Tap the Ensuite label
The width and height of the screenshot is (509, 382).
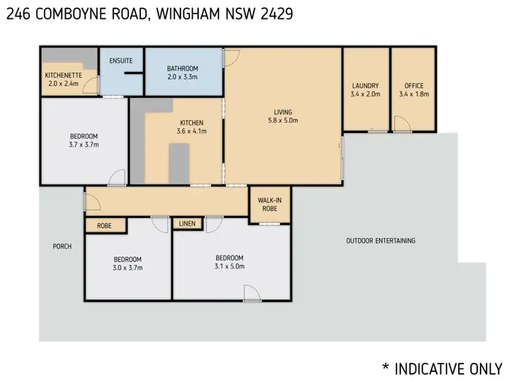pyautogui.click(x=121, y=61)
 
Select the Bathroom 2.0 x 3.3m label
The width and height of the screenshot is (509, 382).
pyautogui.click(x=183, y=73)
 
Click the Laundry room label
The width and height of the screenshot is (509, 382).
pyautogui.click(x=365, y=90)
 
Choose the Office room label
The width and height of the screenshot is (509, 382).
pyautogui.click(x=414, y=90)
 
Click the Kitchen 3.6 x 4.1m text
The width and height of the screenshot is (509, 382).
pyautogui.click(x=190, y=127)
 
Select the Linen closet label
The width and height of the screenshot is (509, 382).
pyautogui.click(x=186, y=223)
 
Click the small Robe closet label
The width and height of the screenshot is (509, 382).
pyautogui.click(x=105, y=226)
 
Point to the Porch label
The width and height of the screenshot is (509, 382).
pyautogui.click(x=62, y=246)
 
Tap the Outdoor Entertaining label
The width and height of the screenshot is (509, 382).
pyautogui.click(x=380, y=241)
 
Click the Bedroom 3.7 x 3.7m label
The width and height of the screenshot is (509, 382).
pyautogui.click(x=83, y=140)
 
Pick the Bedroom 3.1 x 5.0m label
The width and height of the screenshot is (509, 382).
pyautogui.click(x=229, y=262)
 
